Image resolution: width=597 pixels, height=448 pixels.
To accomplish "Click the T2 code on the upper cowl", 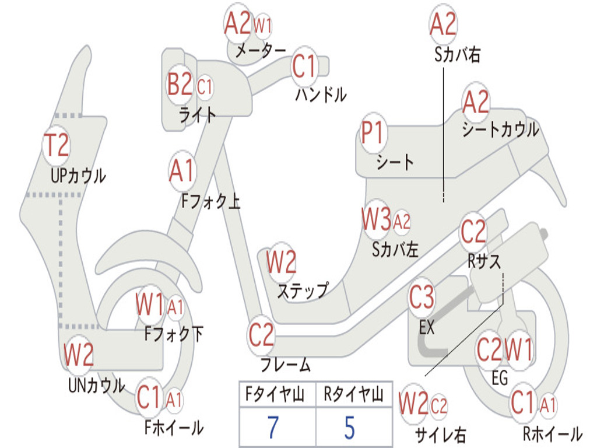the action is (x=57, y=145).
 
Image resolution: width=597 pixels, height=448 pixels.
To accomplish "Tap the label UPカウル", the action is (x=78, y=176).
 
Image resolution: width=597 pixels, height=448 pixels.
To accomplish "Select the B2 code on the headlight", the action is (x=180, y=84).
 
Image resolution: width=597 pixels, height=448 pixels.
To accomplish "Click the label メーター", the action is (x=260, y=50).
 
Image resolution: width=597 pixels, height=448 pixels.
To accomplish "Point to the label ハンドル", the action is (x=321, y=94).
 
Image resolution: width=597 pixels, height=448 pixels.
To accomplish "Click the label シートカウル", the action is (x=500, y=129).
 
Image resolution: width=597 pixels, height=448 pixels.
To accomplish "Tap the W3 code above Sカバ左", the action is (x=376, y=219).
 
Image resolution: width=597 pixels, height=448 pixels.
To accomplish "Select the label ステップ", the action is (x=303, y=290).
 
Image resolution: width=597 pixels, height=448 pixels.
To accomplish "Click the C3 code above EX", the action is (x=422, y=297).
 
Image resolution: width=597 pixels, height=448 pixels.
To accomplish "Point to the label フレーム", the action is (x=286, y=365).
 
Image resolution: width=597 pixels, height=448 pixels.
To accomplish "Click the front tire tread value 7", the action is (x=273, y=427).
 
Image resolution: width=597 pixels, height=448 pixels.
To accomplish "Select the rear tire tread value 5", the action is (x=350, y=427).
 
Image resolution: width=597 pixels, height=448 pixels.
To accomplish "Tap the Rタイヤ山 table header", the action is (x=353, y=394).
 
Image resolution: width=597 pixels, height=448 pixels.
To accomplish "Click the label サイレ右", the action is (x=440, y=435).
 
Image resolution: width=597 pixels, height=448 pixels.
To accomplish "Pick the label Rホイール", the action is (x=553, y=433).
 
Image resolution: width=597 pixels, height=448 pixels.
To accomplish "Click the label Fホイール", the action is (x=174, y=428).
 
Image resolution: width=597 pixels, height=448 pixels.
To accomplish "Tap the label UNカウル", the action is (x=96, y=385).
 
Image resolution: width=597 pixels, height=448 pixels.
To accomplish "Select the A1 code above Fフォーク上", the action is (x=182, y=171).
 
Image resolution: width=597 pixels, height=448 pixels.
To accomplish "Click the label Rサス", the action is (x=484, y=261).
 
